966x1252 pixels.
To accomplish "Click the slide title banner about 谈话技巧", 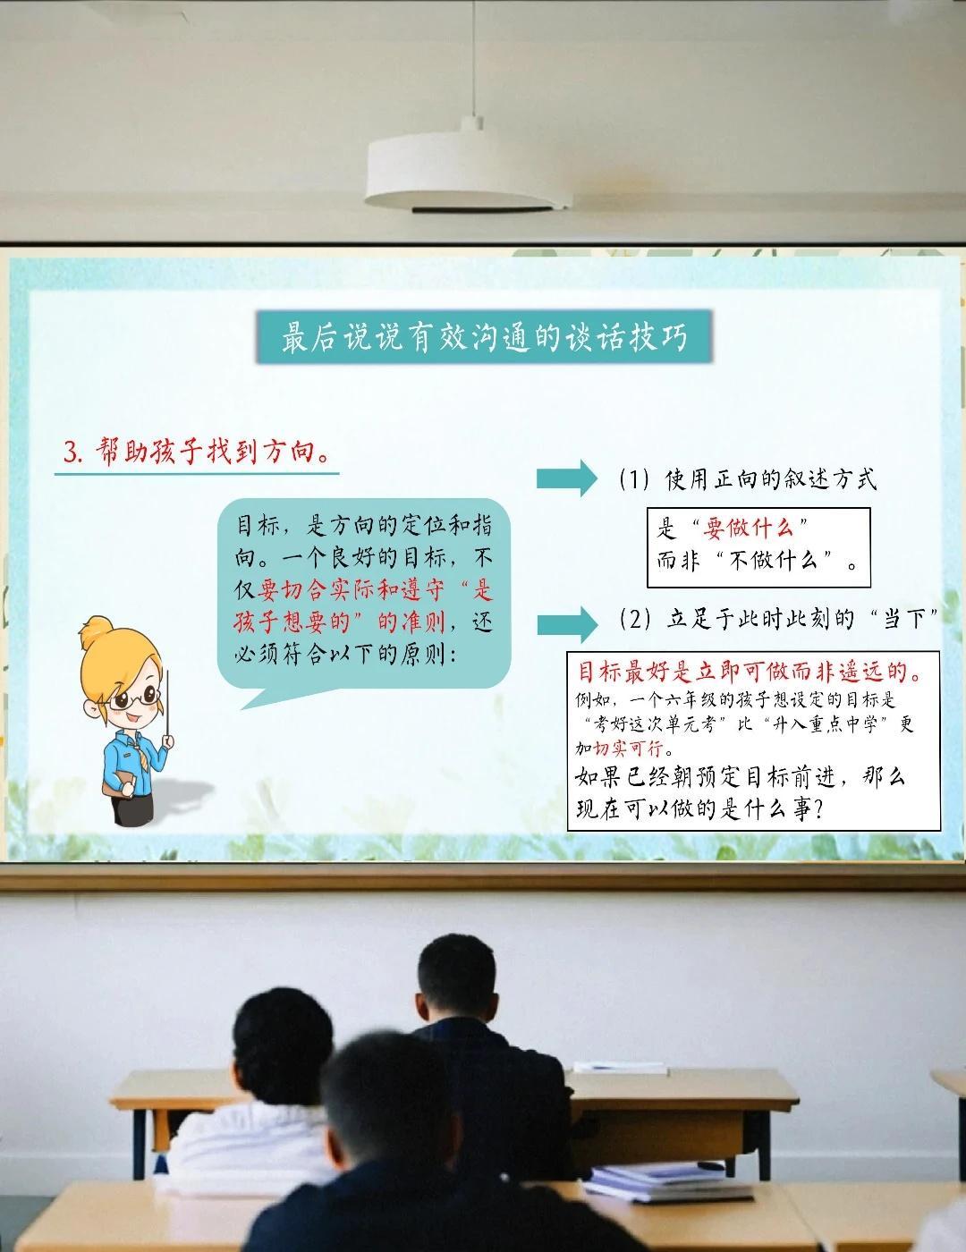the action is tap(484, 337).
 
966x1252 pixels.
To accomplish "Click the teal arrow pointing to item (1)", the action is tap(567, 478).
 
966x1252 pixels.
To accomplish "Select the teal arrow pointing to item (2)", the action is tap(567, 624).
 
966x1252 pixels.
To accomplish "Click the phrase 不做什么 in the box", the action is tap(773, 560).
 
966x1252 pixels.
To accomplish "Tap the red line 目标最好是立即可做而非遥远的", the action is tap(750, 672).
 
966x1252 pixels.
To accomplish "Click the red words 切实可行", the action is tap(628, 749).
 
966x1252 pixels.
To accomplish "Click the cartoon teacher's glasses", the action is tap(133, 699).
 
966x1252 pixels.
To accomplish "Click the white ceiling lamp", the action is tap(467, 172).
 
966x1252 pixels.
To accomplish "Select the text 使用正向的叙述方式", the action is tap(771, 479).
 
